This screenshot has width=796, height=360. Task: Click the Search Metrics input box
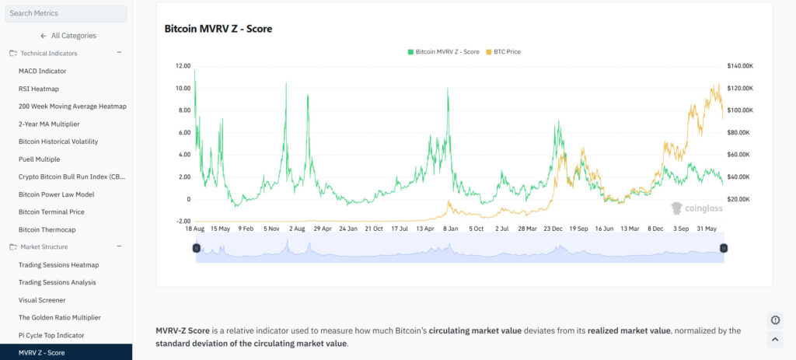click(x=66, y=13)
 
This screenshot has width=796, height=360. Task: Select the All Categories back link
click(x=68, y=36)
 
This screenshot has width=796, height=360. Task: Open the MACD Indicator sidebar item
click(x=42, y=71)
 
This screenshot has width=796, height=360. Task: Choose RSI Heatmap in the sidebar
click(x=38, y=89)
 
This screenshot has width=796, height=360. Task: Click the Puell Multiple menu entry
click(x=39, y=159)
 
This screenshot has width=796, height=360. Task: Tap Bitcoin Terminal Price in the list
click(x=51, y=211)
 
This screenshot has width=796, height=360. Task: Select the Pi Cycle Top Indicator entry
click(x=51, y=335)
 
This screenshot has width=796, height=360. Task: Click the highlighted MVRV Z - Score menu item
click(x=41, y=353)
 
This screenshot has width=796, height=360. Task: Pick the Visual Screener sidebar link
click(x=42, y=300)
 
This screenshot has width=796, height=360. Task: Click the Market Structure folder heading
click(x=44, y=247)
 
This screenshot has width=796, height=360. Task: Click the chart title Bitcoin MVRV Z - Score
click(x=218, y=29)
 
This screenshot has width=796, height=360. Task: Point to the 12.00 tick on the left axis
click(x=183, y=66)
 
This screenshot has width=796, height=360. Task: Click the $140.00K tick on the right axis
click(x=739, y=66)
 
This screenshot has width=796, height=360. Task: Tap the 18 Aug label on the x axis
click(x=194, y=229)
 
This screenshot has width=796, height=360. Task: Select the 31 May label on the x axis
click(x=707, y=229)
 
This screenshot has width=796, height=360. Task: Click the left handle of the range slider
click(x=196, y=248)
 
